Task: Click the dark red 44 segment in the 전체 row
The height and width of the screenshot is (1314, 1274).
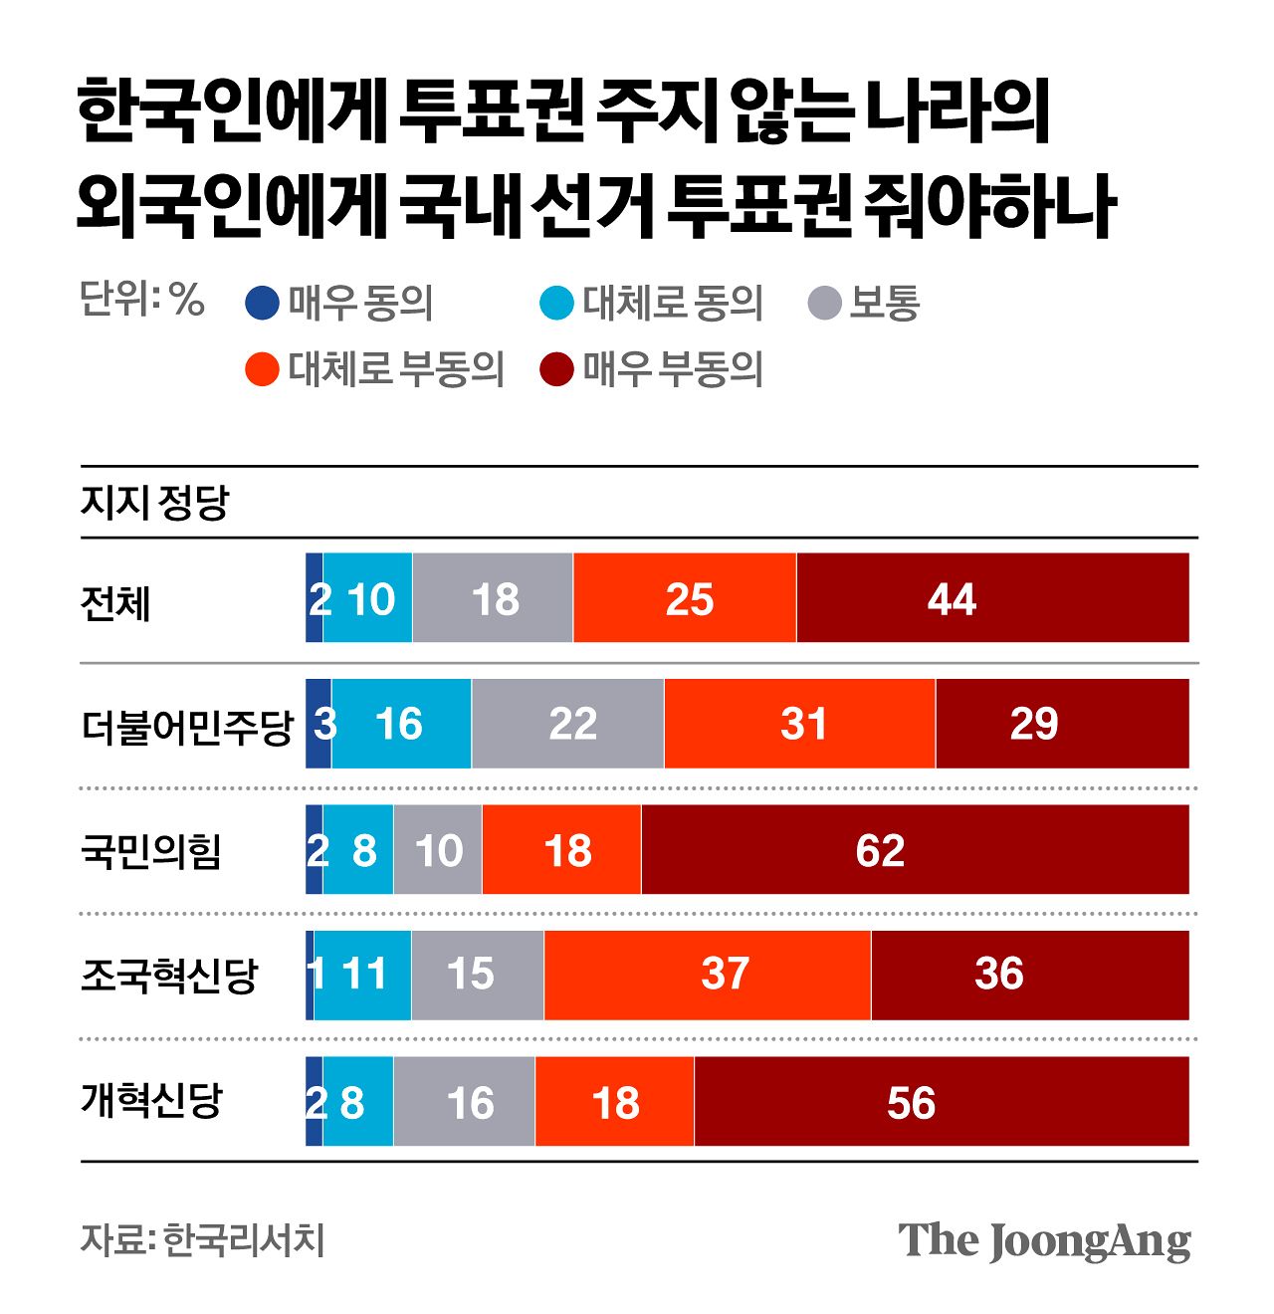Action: tap(992, 598)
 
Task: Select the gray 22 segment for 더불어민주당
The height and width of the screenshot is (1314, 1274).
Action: tap(567, 724)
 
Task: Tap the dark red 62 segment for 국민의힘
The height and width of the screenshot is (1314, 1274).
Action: tap(915, 850)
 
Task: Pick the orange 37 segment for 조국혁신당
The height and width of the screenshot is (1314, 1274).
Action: tap(708, 975)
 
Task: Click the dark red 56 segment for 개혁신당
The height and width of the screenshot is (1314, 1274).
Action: tap(942, 1102)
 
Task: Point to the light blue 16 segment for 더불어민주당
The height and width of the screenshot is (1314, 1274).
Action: tap(401, 724)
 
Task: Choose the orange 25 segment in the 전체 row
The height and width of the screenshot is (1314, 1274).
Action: tap(685, 598)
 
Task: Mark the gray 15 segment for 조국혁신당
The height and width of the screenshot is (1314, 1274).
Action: tap(478, 975)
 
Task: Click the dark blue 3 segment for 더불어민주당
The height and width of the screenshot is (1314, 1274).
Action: tap(318, 724)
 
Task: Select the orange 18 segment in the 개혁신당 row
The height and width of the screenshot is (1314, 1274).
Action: tap(614, 1102)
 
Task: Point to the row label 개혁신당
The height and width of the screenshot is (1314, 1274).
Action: tap(150, 1101)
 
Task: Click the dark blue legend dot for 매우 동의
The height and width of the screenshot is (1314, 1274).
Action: tap(262, 303)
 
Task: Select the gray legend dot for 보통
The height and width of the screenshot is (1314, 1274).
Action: tap(824, 303)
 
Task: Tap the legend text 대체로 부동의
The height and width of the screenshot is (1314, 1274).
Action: tap(396, 369)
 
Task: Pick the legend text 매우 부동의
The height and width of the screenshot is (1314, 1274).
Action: tap(673, 369)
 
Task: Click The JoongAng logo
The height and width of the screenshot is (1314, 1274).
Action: tap(1044, 1240)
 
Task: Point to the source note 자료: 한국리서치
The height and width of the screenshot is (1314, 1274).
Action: tap(203, 1240)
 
